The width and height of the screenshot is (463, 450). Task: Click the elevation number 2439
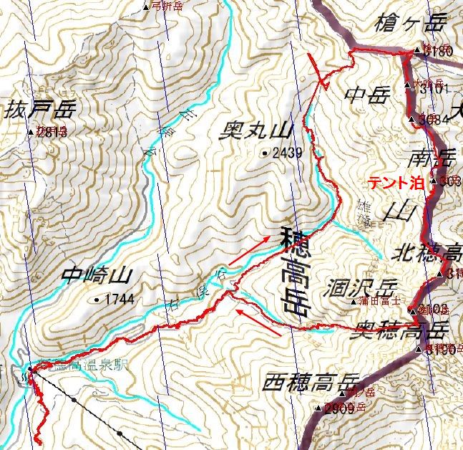pos(288,152)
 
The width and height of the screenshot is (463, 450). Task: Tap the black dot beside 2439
pos(265,152)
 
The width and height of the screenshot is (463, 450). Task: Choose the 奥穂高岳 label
pos(401,330)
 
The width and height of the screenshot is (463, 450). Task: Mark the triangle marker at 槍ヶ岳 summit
pos(418,51)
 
